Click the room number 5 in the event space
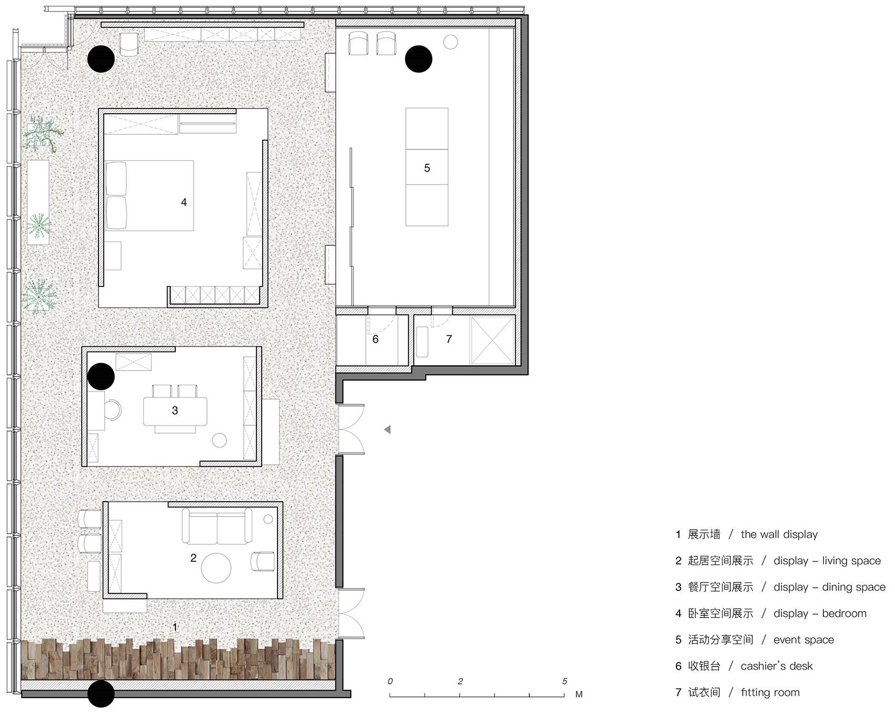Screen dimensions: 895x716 click(x=427, y=168)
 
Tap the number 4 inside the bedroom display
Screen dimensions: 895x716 click(x=184, y=202)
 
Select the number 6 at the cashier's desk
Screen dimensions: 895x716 click(x=375, y=339)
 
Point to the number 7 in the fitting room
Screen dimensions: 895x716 click(x=449, y=339)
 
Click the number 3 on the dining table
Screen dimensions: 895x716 click(x=175, y=411)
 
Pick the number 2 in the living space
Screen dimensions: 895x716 click(x=193, y=558)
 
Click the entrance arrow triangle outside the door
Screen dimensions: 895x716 click(x=387, y=430)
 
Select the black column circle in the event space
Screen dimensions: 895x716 click(x=419, y=58)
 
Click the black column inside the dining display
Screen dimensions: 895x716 click(x=101, y=376)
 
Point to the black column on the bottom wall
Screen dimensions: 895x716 click(x=101, y=694)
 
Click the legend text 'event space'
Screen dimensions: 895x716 click(x=803, y=640)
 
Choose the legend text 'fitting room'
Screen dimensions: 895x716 click(x=770, y=692)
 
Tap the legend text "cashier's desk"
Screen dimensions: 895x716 click(x=777, y=666)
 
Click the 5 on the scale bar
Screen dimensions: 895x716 click(x=564, y=681)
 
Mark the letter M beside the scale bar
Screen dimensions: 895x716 click(x=579, y=694)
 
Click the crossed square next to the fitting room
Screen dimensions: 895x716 click(x=492, y=340)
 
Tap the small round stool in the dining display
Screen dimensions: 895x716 click(x=219, y=441)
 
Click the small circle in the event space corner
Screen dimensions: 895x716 click(x=450, y=42)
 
